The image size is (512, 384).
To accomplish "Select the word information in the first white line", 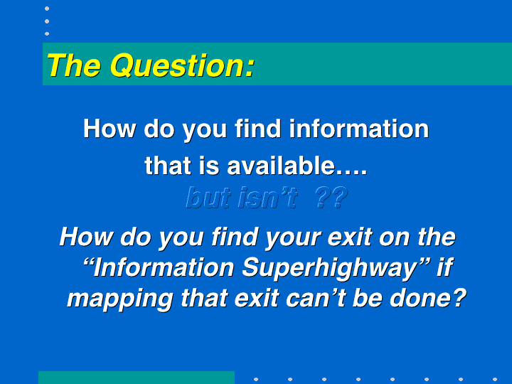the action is (359, 129).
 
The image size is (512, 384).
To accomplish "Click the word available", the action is (281, 166).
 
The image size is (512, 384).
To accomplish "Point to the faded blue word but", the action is (208, 198).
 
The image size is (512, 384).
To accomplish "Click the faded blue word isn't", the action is (268, 198).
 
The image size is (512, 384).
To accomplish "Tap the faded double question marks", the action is (331, 198).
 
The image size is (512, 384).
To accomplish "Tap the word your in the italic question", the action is (293, 238).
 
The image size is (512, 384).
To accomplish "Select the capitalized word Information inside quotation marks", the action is (164, 268).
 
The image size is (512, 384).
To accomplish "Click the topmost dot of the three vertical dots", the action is (47, 9).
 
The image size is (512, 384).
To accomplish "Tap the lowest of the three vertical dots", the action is (47, 33).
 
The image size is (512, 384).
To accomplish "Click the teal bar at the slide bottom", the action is (137, 378).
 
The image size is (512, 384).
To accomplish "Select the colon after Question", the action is (250, 69).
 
